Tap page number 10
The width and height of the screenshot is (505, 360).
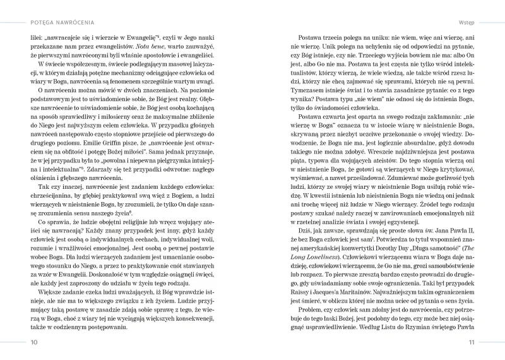[x=33, y=343]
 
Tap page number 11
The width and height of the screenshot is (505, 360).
[x=471, y=343]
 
